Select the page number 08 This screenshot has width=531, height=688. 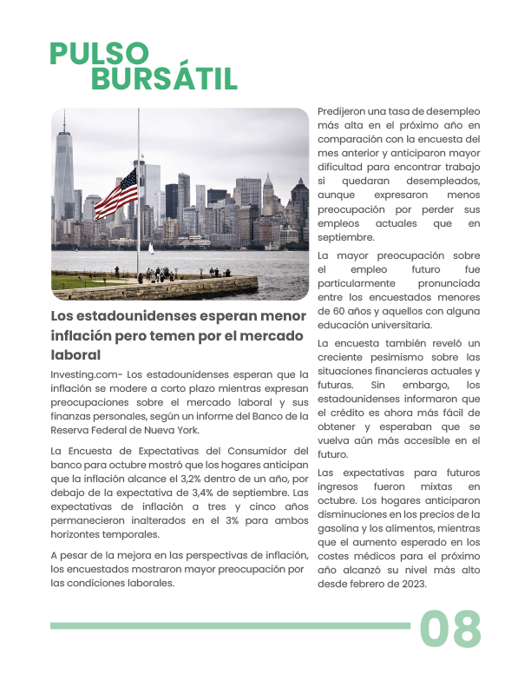[450, 629]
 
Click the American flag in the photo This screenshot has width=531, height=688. [116, 194]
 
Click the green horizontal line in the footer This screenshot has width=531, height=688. [230, 625]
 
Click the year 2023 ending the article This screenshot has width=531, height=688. [410, 584]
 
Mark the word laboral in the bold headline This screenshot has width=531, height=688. [75, 354]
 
